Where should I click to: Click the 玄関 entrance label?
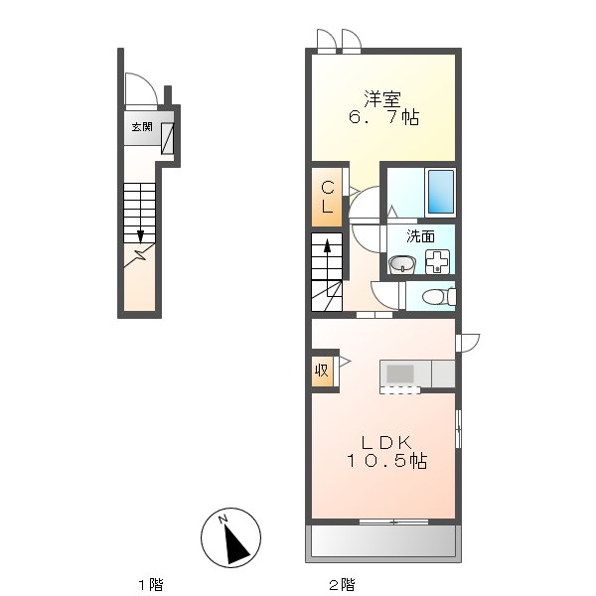point(142,126)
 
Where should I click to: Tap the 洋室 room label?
point(382,98)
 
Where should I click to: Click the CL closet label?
point(327,198)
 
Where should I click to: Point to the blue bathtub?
point(441,192)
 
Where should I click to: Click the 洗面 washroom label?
point(420,236)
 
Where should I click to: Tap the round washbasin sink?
point(401,264)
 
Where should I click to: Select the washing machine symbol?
point(437,261)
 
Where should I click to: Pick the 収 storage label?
point(322,370)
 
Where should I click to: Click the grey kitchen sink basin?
point(400,373)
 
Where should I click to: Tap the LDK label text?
point(386,442)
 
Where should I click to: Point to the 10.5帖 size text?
point(386,461)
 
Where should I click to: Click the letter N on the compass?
point(223,520)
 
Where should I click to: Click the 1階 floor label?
point(151,585)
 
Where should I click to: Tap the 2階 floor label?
point(342,585)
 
